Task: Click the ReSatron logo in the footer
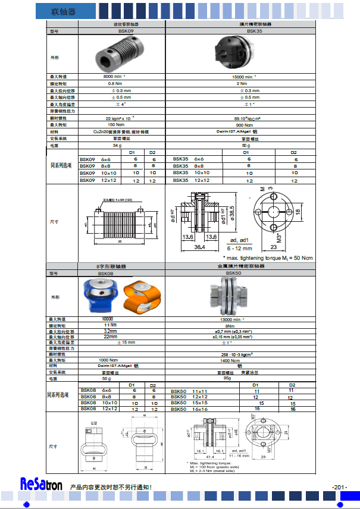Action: [41, 485]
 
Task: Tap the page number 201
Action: [340, 488]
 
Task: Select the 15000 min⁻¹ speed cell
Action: [246, 77]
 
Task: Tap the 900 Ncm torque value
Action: [246, 125]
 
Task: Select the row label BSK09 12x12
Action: [95, 180]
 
